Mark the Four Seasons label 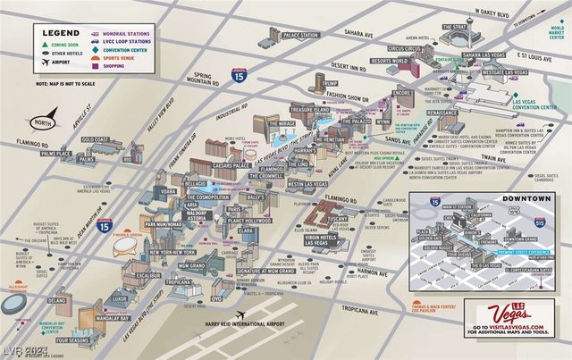click(74, 340)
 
